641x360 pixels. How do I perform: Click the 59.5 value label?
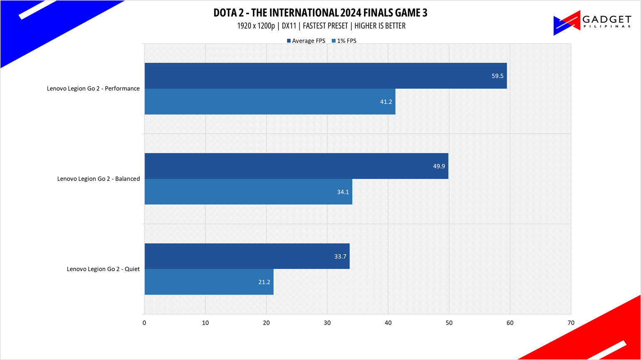[497, 76]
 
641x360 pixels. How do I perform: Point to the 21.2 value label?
[264, 282]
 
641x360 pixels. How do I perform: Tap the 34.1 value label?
[343, 192]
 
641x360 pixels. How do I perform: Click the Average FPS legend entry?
[306, 41]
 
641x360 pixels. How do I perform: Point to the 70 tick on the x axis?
[571, 323]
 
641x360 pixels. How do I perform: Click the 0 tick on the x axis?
[144, 323]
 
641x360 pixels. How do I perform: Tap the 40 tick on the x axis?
[388, 323]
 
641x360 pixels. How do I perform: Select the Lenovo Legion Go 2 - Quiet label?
[103, 269]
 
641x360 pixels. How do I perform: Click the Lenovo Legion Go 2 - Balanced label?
[98, 179]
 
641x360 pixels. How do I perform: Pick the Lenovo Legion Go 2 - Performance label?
[93, 89]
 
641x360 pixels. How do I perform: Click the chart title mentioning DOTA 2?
[320, 13]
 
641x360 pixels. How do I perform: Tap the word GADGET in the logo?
[607, 19]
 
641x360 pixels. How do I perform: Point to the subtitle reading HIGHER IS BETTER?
[380, 26]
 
